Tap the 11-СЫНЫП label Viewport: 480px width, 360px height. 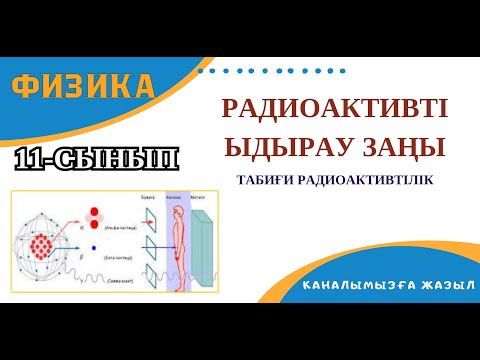tap(98, 158)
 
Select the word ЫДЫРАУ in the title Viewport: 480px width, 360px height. tap(285, 148)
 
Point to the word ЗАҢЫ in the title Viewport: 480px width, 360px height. tap(401, 148)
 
